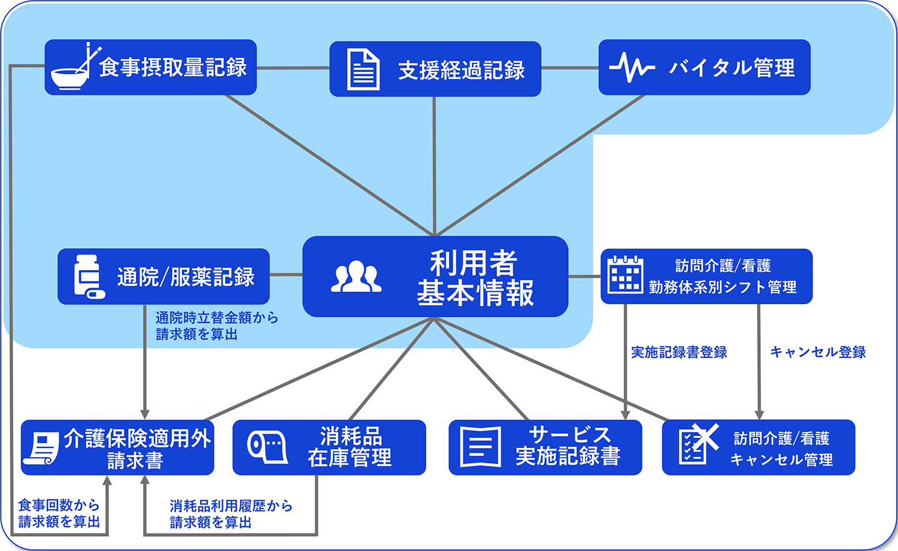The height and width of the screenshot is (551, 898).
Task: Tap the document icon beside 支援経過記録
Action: pyautogui.click(x=363, y=69)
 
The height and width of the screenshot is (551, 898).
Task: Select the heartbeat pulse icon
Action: pyautogui.click(x=632, y=67)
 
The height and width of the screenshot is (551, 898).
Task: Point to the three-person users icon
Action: pyautogui.click(x=356, y=276)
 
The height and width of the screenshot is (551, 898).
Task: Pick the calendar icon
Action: pyautogui.click(x=626, y=275)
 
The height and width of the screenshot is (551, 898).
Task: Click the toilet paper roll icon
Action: pyautogui.click(x=267, y=447)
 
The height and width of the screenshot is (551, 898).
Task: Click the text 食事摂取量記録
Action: pyautogui.click(x=173, y=67)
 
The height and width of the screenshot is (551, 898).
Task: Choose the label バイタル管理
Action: pyautogui.click(x=732, y=67)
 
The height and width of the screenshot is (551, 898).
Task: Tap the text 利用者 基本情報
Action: pyautogui.click(x=475, y=277)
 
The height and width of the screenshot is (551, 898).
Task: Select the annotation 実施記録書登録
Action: pyautogui.click(x=679, y=352)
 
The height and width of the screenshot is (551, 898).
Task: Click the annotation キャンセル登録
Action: pyautogui.click(x=818, y=352)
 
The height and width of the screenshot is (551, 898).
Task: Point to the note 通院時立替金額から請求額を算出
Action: pyautogui.click(x=217, y=326)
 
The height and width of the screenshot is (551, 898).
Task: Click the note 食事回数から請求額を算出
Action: pyautogui.click(x=59, y=513)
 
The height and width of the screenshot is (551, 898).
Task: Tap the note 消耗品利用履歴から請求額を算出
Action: pyautogui.click(x=231, y=514)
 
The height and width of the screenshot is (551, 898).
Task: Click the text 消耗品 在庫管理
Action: pyautogui.click(x=350, y=447)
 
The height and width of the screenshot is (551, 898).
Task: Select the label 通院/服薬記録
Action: pyautogui.click(x=186, y=277)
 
